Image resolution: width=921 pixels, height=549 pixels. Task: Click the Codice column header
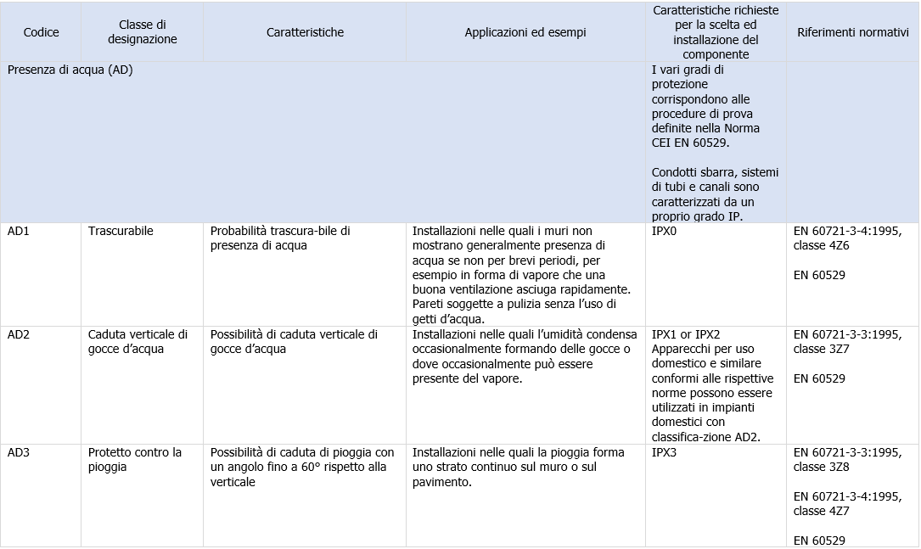tap(42, 32)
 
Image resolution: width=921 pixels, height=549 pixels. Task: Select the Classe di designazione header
tap(143, 32)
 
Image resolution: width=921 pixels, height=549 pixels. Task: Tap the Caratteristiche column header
tap(305, 32)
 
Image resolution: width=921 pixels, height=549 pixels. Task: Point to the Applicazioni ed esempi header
tap(525, 32)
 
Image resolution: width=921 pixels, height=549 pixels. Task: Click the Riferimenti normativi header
tap(853, 32)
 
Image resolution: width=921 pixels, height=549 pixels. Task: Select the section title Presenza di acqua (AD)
tap(70, 70)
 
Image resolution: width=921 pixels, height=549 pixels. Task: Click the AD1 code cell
tap(19, 231)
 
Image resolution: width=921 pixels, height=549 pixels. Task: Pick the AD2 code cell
tap(19, 334)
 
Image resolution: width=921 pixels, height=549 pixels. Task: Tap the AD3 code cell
tap(19, 452)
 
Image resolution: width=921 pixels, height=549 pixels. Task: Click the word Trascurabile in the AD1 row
tap(121, 231)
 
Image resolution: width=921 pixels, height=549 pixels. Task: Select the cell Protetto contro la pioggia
tap(135, 459)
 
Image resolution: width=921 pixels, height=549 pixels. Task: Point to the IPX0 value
tap(665, 231)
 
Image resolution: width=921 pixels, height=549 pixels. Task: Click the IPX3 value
tap(665, 452)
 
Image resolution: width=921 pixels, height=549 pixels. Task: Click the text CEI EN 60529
tap(684, 143)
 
